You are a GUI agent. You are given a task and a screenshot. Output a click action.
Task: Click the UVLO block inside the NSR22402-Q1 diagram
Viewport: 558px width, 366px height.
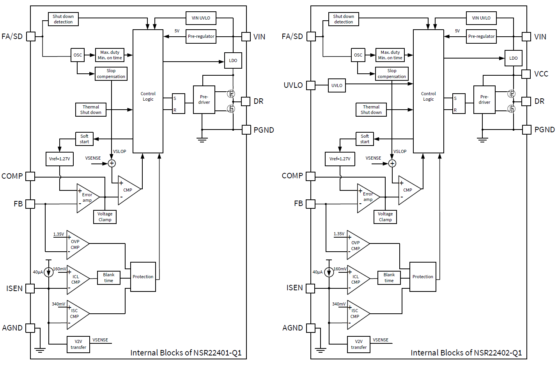(x=337, y=85)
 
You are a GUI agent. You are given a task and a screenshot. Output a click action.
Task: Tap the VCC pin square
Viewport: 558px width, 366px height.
(x=526, y=74)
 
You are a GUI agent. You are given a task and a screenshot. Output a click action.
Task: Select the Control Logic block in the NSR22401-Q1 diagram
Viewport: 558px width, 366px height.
(x=148, y=91)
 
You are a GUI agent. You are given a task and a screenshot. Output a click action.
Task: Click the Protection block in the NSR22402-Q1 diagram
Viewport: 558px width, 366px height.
(x=423, y=277)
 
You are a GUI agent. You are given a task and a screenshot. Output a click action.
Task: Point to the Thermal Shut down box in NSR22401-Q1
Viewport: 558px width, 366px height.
(x=90, y=110)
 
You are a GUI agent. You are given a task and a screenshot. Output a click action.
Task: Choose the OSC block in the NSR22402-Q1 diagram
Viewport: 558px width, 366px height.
(x=358, y=55)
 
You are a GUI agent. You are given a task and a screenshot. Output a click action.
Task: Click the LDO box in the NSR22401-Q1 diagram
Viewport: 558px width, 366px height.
(x=233, y=60)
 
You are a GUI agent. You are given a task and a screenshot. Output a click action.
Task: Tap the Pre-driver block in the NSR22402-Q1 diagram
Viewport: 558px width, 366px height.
(x=484, y=100)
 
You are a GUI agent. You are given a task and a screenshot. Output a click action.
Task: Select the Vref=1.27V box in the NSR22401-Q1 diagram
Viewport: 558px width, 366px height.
(x=60, y=159)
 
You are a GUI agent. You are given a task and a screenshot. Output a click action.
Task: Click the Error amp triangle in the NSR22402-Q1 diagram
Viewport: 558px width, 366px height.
(x=367, y=197)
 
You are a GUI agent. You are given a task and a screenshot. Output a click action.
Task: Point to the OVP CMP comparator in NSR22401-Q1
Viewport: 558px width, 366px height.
(x=76, y=245)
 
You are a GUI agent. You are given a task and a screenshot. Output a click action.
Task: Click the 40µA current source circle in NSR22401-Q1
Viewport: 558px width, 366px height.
(x=48, y=272)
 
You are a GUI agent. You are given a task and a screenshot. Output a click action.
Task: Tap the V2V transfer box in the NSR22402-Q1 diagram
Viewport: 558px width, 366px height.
(x=359, y=344)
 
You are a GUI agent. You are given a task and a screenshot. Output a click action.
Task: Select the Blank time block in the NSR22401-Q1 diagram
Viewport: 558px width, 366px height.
(x=108, y=278)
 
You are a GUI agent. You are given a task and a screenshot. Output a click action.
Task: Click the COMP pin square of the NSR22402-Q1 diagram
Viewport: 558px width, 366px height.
(x=310, y=176)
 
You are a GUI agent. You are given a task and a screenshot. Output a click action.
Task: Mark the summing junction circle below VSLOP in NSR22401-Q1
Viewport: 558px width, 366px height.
(x=112, y=163)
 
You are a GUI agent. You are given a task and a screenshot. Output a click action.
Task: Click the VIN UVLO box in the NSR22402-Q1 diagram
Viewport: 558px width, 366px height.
(x=481, y=18)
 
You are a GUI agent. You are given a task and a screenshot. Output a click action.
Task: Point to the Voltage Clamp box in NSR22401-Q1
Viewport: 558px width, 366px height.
(x=105, y=217)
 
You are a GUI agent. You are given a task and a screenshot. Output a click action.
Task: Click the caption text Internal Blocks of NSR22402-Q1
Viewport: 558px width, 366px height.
(x=466, y=353)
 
